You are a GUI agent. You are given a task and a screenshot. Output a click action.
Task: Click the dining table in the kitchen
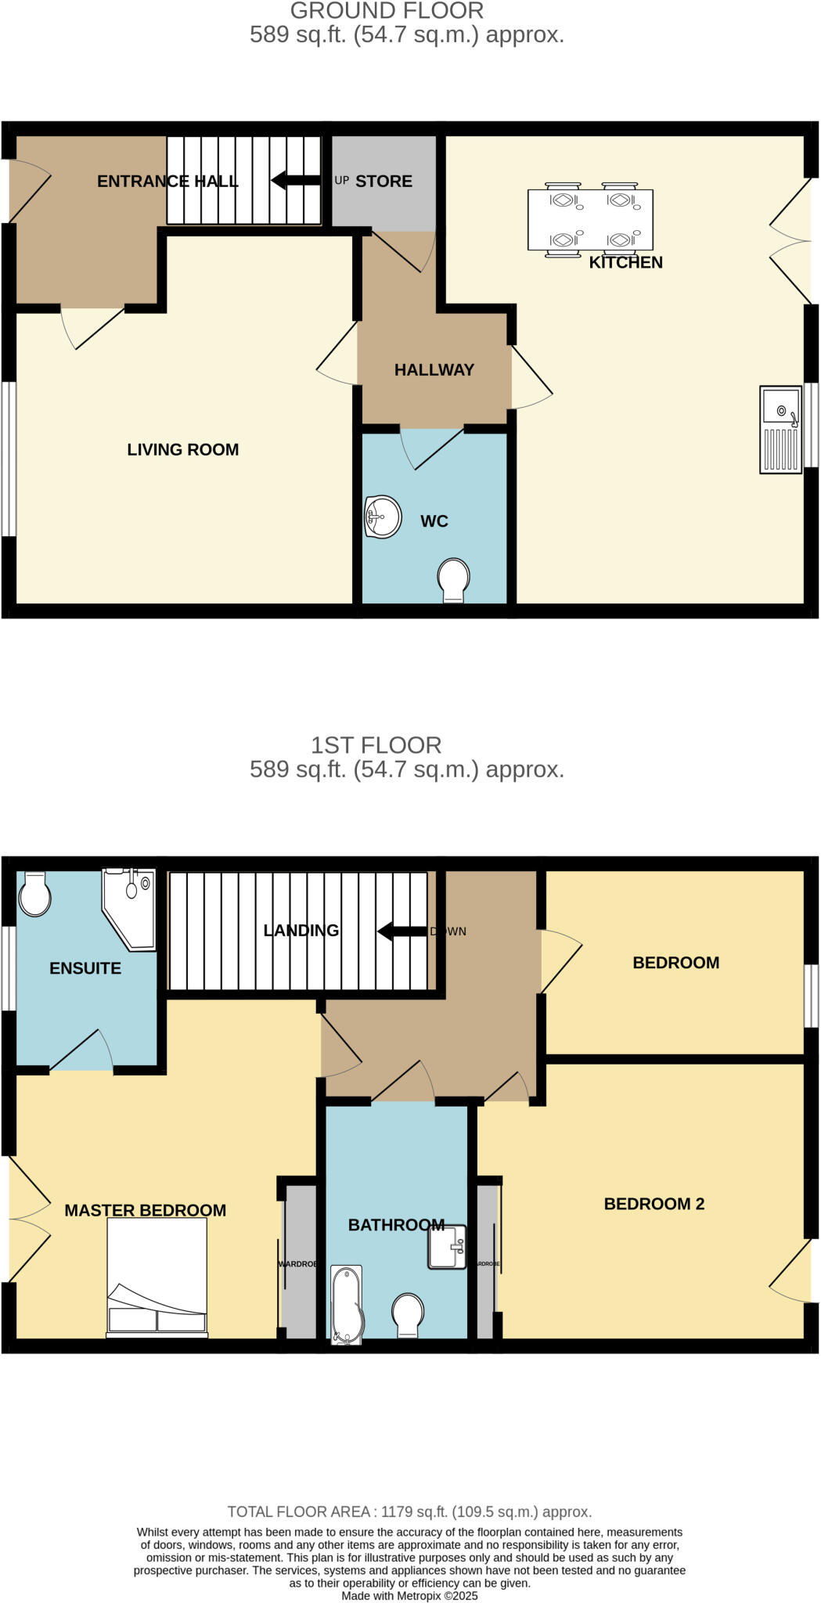591,220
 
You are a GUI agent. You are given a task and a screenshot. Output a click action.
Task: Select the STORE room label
383,181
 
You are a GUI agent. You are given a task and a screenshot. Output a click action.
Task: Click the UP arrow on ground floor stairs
296,181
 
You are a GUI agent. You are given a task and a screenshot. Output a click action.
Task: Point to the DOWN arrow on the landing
402,931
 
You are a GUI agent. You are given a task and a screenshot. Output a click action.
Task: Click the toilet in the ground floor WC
453,580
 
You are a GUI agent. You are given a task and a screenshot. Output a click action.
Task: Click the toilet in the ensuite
34,894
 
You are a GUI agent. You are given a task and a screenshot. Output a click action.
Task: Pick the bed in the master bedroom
157,1277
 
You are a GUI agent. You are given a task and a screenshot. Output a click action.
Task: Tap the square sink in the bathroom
447,1246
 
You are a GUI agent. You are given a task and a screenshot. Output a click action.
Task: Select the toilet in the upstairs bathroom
408,1314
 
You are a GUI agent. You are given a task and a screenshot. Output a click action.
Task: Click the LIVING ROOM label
183,449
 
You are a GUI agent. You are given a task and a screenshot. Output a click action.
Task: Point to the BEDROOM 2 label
654,1204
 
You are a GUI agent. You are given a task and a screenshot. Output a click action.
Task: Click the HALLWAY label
434,369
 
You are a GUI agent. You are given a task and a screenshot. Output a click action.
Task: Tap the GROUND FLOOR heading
387,11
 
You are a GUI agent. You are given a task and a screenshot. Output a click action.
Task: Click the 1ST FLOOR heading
376,744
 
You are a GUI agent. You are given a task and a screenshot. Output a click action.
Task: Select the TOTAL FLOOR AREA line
409,1511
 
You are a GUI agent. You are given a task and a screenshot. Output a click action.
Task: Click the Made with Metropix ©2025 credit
409,1595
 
